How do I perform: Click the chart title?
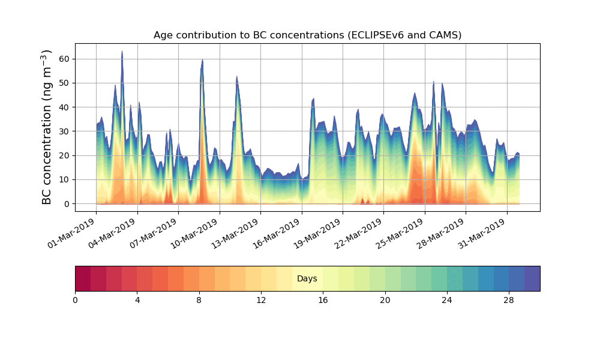[x=307, y=35]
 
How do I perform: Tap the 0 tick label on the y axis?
[x=67, y=204]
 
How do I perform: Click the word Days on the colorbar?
[x=307, y=278]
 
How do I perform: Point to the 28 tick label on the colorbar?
[x=509, y=300]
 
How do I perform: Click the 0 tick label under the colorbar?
[x=75, y=300]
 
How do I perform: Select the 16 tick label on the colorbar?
[x=323, y=300]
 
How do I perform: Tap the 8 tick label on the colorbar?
[x=199, y=300]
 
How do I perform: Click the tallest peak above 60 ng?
[x=122, y=52]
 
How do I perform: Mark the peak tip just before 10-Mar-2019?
[x=202, y=60]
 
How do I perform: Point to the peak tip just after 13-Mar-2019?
[x=236, y=77]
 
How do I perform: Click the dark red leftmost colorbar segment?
[x=83, y=278]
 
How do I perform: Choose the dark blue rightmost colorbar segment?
[x=532, y=278]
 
